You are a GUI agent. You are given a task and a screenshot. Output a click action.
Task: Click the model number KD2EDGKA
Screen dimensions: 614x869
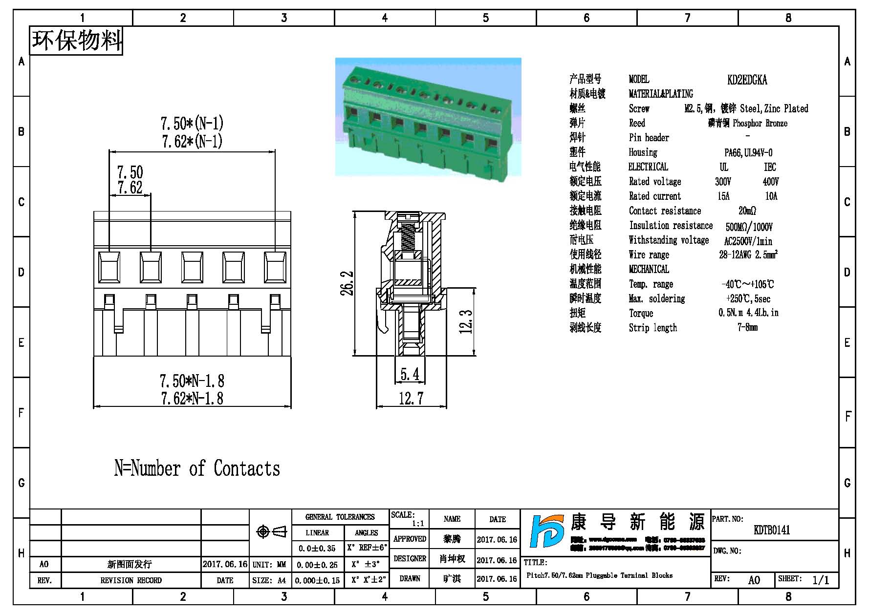pyautogui.click(x=747, y=80)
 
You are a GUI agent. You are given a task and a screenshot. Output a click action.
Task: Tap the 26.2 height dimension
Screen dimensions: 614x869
pyautogui.click(x=347, y=283)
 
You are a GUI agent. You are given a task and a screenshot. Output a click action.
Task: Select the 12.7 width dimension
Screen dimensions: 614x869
pyautogui.click(x=411, y=399)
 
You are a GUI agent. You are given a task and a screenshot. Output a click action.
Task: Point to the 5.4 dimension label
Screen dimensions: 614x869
pyautogui.click(x=410, y=374)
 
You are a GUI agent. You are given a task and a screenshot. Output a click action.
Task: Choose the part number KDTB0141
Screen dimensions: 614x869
pyautogui.click(x=772, y=530)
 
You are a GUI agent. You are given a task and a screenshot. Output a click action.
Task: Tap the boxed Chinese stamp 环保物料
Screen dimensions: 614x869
pyautogui.click(x=76, y=41)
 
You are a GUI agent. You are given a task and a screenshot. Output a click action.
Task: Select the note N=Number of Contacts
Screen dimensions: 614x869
pyautogui.click(x=197, y=468)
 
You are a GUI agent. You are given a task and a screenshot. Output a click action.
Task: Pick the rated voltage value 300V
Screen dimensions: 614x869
pyautogui.click(x=723, y=182)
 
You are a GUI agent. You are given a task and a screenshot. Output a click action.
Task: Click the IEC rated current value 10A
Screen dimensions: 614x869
pyautogui.click(x=771, y=196)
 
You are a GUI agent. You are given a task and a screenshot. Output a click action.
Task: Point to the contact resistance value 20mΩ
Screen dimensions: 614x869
pyautogui.click(x=747, y=211)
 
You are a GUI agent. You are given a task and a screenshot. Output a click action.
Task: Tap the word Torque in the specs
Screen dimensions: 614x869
pyautogui.click(x=641, y=313)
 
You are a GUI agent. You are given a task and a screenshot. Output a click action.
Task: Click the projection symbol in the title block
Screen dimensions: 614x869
pyautogui.click(x=271, y=531)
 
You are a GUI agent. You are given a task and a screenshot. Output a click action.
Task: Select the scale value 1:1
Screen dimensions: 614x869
pyautogui.click(x=418, y=524)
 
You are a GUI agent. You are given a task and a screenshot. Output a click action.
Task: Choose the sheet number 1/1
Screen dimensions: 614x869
pyautogui.click(x=821, y=580)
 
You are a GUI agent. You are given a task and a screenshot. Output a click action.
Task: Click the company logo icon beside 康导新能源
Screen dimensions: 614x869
pyautogui.click(x=546, y=531)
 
